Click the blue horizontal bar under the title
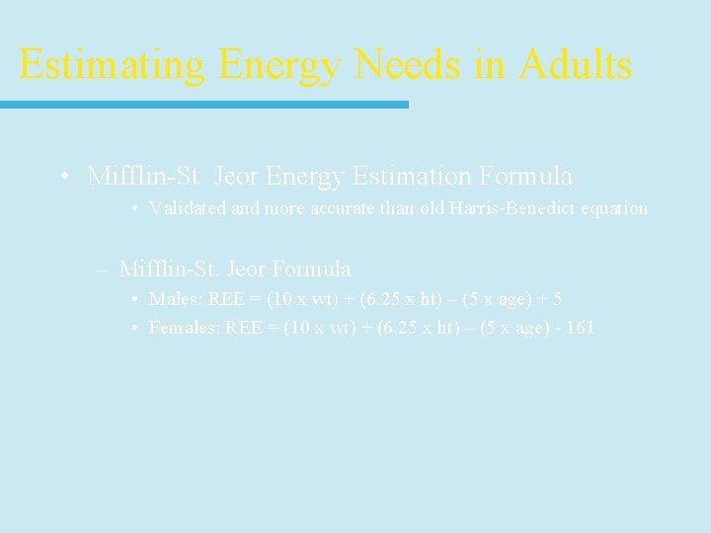203,105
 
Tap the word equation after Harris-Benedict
619,208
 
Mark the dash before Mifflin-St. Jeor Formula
104,268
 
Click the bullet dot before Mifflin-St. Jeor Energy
63,177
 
